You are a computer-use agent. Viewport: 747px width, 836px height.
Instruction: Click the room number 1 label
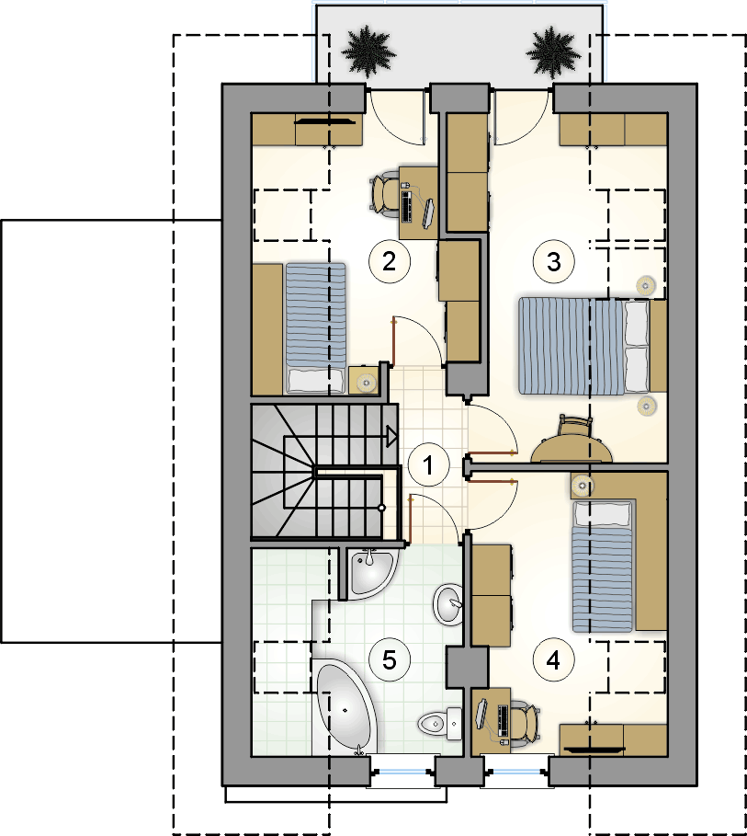[x=428, y=465]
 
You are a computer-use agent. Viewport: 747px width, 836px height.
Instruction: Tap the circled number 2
[x=390, y=261]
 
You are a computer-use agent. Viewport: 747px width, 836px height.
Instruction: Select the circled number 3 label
[x=554, y=261]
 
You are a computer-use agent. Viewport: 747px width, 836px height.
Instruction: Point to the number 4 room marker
[x=554, y=660]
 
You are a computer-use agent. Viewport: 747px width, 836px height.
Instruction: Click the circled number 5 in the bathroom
[x=390, y=660]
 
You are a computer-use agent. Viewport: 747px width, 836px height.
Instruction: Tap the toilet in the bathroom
[x=440, y=724]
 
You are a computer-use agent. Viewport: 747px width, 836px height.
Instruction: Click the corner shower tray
[x=371, y=573]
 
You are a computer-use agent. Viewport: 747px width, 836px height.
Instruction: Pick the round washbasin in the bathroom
[x=448, y=604]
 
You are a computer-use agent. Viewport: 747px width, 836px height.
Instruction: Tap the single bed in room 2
[x=315, y=327]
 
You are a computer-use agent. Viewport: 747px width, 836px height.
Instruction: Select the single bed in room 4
[x=603, y=566]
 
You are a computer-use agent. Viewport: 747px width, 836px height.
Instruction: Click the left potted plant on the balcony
[x=368, y=50]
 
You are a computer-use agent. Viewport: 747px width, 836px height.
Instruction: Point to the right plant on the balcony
[x=553, y=51]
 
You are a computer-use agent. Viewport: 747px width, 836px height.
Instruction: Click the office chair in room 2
[x=384, y=196]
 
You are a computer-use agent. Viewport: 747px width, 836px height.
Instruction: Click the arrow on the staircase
[x=390, y=436]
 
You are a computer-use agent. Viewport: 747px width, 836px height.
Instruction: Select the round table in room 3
[x=572, y=450]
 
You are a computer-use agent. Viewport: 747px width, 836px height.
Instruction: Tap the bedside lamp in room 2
[x=366, y=382]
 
